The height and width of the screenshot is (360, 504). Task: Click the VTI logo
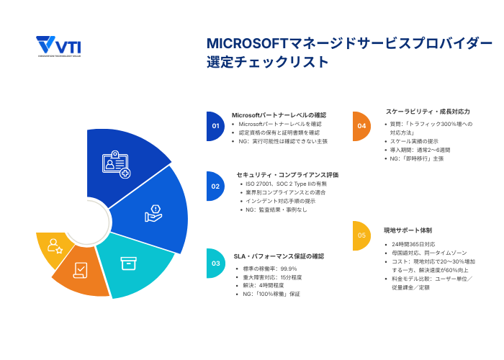point(59,46)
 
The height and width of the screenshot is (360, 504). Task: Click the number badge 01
point(215,126)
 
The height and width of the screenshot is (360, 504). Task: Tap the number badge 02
point(215,186)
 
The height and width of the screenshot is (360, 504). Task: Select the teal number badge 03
point(215,264)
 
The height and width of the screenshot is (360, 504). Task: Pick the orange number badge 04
point(361,126)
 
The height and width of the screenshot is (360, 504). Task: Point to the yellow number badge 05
point(361,235)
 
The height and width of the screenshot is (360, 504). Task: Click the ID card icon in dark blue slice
point(115,163)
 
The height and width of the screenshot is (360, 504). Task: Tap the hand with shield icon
point(153,212)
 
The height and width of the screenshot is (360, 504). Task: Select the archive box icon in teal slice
point(128,264)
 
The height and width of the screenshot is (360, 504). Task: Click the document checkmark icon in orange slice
point(81,271)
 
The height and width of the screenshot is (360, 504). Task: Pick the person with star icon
point(55,246)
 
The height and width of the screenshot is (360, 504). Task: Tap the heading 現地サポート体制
point(408,230)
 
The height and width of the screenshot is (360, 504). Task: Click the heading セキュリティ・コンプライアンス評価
point(287,174)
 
